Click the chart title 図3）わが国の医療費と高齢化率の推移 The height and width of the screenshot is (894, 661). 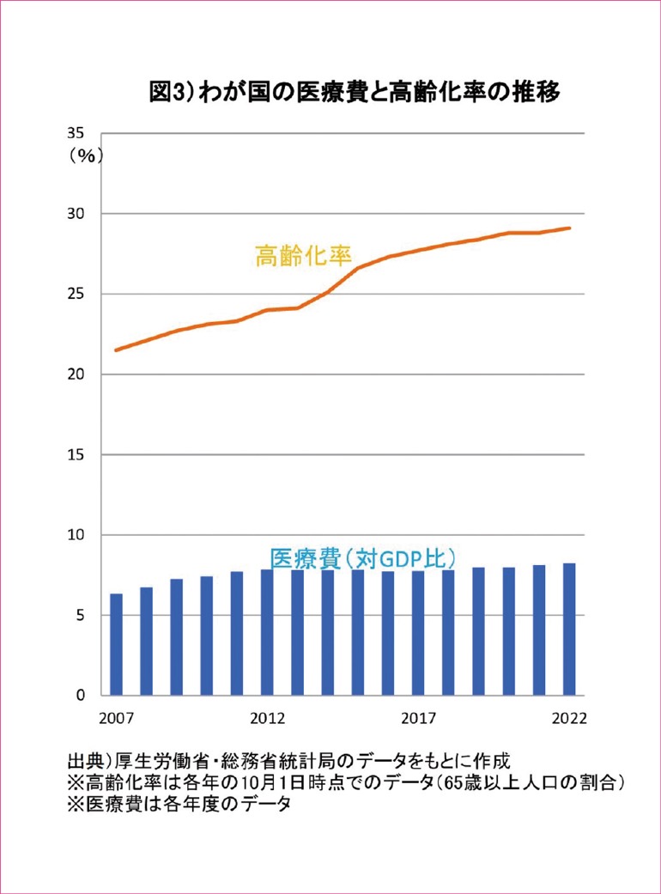(355, 93)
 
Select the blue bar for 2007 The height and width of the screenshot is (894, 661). (116, 645)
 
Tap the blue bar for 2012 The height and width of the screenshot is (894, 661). (267, 633)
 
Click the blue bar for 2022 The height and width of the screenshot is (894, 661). (568, 629)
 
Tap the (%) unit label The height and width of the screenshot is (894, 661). (86, 155)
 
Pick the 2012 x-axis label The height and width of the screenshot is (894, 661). (267, 718)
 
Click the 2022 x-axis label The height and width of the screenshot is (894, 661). (568, 718)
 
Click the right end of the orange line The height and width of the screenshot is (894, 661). (570, 228)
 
